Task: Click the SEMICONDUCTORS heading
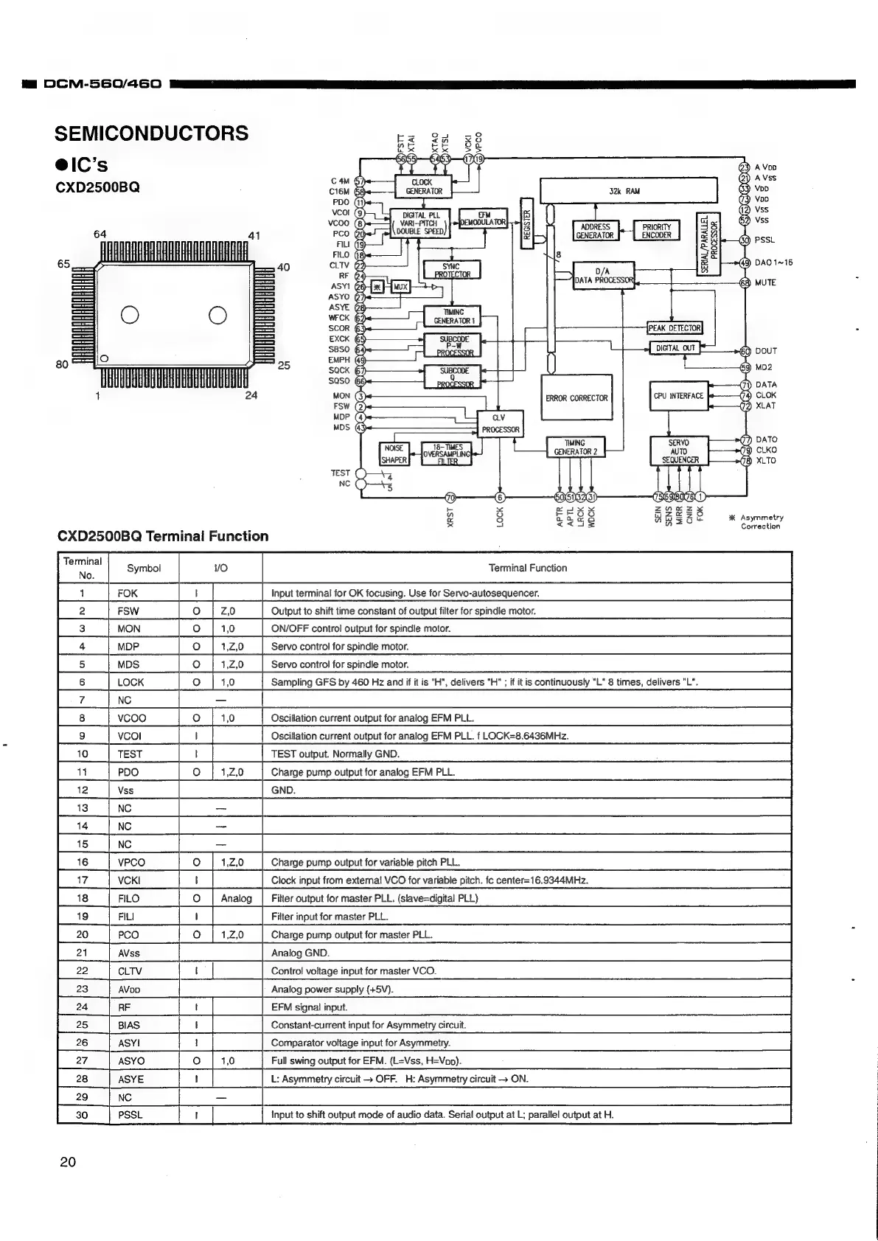151,133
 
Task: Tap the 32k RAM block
628,191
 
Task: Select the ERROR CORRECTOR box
576,398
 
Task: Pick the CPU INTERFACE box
678,396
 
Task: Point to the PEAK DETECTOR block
675,327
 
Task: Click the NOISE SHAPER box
394,453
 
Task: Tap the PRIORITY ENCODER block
656,232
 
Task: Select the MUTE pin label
765,282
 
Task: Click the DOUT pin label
766,351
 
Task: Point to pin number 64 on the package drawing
100,234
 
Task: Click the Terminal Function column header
527,568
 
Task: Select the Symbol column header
143,568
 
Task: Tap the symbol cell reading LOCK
131,682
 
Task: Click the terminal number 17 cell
83,880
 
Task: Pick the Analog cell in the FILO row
236,898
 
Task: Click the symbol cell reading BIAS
129,1025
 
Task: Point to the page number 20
68,1162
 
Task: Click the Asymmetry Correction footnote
761,522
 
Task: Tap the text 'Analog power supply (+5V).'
332,989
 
